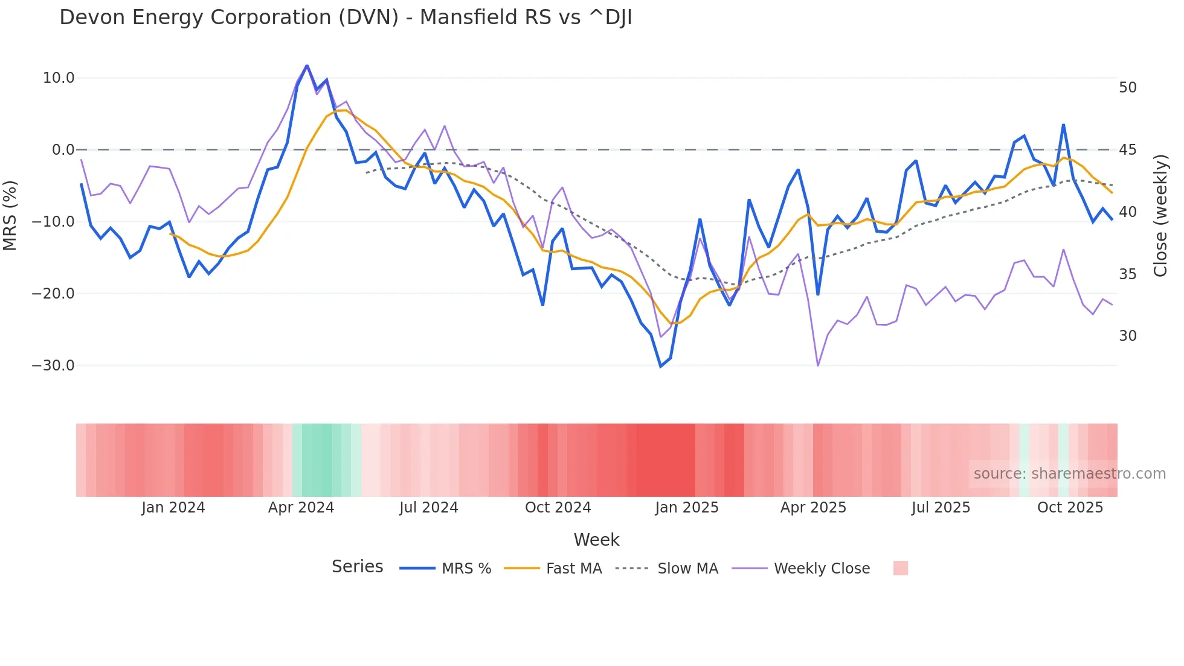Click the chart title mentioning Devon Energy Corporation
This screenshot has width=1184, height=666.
click(346, 18)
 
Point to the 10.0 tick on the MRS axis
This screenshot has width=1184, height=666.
click(59, 78)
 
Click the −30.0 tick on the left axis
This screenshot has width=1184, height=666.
click(53, 366)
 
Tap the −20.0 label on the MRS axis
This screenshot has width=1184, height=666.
click(53, 294)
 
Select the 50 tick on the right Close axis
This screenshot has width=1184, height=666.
click(1127, 88)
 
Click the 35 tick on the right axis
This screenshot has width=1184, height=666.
click(1127, 274)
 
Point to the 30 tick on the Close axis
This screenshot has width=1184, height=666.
click(1127, 336)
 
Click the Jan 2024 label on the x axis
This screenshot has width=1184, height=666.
click(173, 508)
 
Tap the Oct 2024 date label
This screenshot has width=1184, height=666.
click(558, 508)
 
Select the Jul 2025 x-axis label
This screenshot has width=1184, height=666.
click(941, 508)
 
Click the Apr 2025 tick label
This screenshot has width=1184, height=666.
click(813, 508)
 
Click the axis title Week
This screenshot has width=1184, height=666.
click(596, 540)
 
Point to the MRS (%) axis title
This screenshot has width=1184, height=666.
click(10, 216)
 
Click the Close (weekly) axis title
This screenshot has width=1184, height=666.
click(1160, 216)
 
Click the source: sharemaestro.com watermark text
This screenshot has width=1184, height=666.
click(1069, 474)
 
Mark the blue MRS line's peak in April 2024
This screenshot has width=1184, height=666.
click(307, 65)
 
